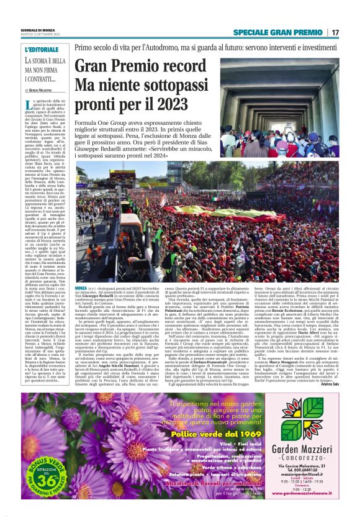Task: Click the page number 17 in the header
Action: point(336,32)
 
